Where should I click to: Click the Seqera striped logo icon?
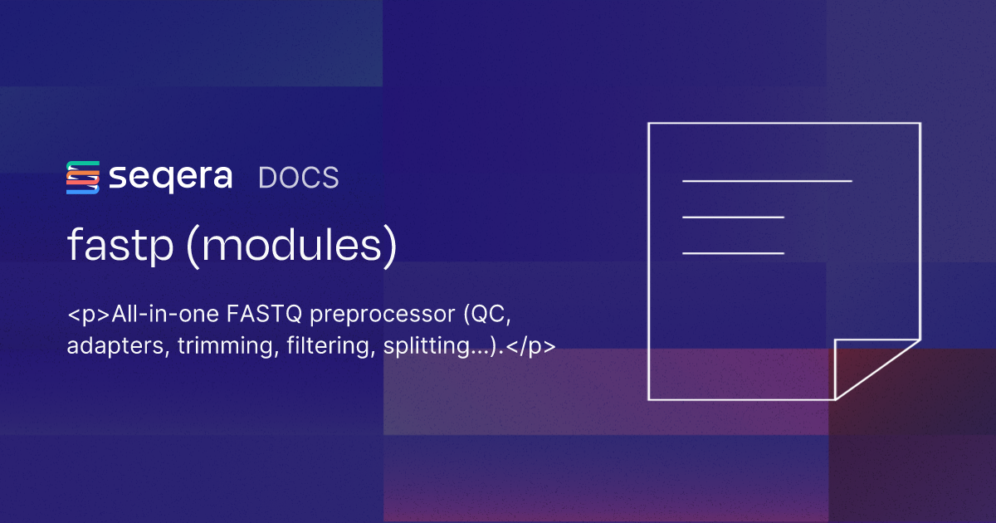[x=83, y=178]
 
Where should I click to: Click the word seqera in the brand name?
[x=170, y=178]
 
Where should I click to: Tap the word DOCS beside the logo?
[x=299, y=178]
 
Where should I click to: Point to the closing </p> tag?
[x=530, y=347]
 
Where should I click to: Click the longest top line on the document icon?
[x=767, y=180]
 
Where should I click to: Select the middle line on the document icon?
[x=733, y=217]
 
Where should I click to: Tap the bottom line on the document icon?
[x=733, y=252]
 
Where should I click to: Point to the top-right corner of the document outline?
[x=920, y=124]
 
